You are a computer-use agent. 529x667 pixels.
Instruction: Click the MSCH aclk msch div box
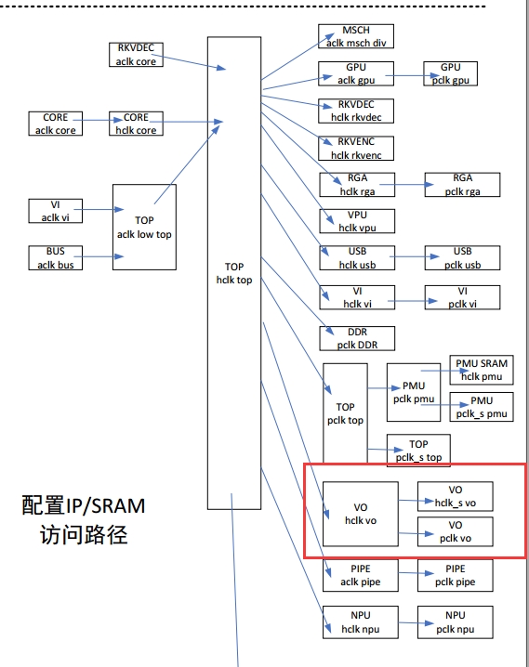click(356, 36)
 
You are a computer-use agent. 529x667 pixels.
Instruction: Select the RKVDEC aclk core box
click(136, 55)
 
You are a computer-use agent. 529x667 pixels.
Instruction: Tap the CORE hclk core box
click(136, 124)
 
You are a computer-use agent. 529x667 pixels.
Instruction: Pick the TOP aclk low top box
click(144, 228)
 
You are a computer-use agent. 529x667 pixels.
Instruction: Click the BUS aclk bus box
click(56, 257)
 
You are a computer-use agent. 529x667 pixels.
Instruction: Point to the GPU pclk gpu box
click(450, 73)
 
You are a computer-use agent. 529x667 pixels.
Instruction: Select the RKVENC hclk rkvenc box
click(356, 148)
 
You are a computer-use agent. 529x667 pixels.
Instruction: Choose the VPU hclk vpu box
click(357, 221)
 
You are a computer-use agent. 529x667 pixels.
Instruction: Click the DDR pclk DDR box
click(357, 338)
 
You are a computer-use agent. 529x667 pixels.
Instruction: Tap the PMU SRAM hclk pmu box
click(482, 370)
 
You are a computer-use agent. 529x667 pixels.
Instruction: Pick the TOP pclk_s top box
click(418, 451)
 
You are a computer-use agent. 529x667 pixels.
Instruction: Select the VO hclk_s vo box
click(455, 496)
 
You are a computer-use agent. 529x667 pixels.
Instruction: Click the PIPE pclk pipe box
click(455, 575)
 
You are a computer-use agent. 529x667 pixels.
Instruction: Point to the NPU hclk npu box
click(361, 621)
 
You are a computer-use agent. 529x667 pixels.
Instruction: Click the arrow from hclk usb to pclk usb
click(414, 256)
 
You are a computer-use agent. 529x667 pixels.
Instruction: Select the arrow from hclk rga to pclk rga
click(406, 184)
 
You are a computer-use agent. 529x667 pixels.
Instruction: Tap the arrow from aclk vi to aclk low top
click(99, 209)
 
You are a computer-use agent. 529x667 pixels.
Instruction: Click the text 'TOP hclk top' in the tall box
click(234, 273)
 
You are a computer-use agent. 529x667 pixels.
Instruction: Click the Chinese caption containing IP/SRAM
click(84, 519)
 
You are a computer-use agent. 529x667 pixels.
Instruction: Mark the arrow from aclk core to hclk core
click(98, 120)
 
